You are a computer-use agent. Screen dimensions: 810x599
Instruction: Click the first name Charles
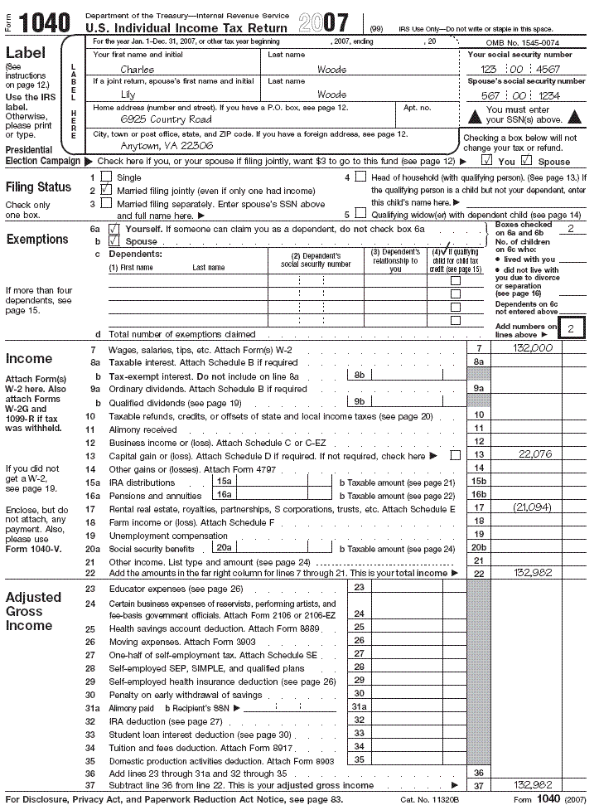pyautogui.click(x=137, y=70)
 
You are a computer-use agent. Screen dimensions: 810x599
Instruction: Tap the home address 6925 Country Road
pyautogui.click(x=166, y=119)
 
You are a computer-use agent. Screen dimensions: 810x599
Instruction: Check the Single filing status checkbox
pyautogui.click(x=105, y=177)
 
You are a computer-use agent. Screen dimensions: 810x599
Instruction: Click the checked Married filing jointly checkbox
pyautogui.click(x=105, y=190)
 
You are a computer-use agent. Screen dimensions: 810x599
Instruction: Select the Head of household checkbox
pyautogui.click(x=360, y=177)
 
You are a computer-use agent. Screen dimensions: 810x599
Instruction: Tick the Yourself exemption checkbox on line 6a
pyautogui.click(x=114, y=228)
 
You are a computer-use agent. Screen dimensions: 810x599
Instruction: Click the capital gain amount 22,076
pyautogui.click(x=534, y=454)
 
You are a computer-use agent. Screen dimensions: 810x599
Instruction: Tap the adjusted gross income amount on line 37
pyautogui.click(x=533, y=784)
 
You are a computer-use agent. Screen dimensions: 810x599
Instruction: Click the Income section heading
pyautogui.click(x=28, y=359)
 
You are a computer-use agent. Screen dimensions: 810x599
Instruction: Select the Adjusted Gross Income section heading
pyautogui.click(x=33, y=611)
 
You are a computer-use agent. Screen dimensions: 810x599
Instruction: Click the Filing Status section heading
pyautogui.click(x=38, y=187)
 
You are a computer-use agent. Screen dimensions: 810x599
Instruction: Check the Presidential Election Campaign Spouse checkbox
pyautogui.click(x=526, y=161)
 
